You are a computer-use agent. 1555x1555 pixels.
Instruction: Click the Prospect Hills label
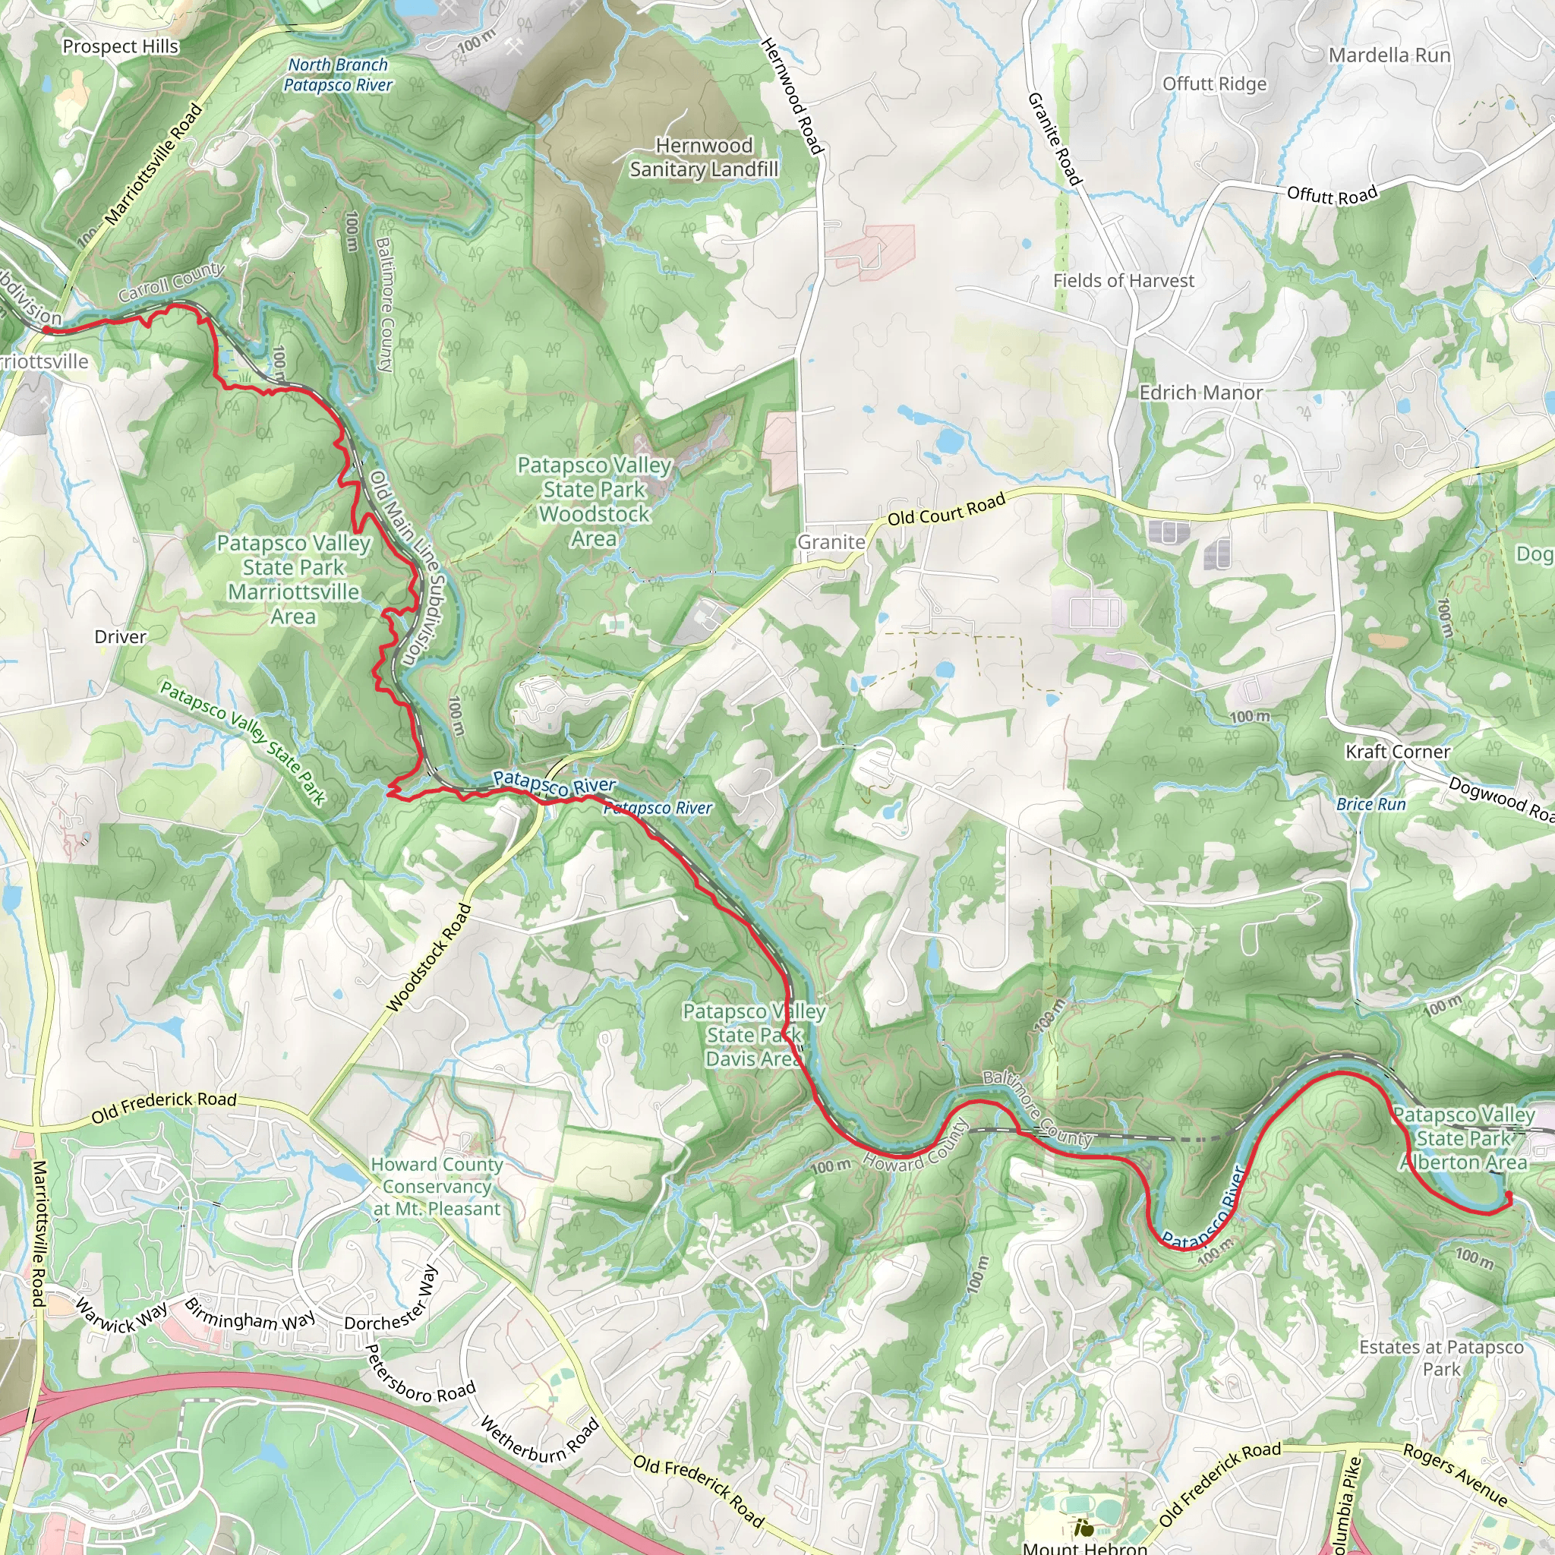[x=121, y=46]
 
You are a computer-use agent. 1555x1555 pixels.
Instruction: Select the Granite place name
[x=831, y=542]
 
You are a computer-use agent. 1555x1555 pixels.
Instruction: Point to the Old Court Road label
[x=947, y=509]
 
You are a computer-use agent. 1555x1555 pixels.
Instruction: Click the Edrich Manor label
[x=1201, y=393]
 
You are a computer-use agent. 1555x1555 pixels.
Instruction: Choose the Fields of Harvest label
[x=1124, y=281]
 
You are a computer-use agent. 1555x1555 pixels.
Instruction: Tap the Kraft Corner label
[x=1398, y=752]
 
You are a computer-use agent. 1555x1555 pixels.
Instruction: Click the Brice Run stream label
[x=1370, y=804]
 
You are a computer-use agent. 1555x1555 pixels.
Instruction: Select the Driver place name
[x=121, y=636]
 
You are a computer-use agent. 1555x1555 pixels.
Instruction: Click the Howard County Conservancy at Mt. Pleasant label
[x=437, y=1187]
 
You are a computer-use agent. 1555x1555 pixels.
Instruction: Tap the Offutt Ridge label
[x=1215, y=84]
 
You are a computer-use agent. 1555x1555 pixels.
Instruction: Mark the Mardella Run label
[x=1389, y=55]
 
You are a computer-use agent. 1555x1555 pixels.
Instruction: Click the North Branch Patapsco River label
[x=338, y=75]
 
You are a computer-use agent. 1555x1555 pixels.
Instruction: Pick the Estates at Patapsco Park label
[x=1440, y=1358]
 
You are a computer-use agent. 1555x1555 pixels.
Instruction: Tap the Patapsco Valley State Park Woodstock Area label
[x=594, y=501]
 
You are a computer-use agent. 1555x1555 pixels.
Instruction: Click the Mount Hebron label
[x=1085, y=1547]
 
